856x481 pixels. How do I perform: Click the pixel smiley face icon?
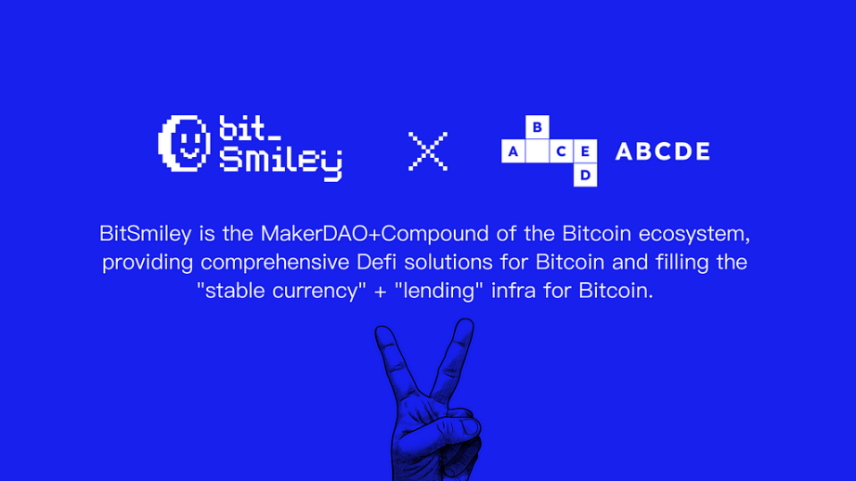184,144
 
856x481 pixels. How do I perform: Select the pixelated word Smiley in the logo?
280,163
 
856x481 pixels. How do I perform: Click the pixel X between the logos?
428,151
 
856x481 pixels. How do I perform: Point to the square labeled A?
513,151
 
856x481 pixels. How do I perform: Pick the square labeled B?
538,127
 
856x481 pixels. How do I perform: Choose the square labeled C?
561,151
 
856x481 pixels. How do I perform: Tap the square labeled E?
585,151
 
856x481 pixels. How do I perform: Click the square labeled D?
585,175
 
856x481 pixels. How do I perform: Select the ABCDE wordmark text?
663,151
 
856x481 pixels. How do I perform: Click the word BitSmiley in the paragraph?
145,234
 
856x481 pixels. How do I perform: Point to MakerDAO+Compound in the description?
374,234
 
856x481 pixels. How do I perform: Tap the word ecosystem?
694,235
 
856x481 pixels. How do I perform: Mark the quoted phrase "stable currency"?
281,291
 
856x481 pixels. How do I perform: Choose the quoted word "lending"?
439,291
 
